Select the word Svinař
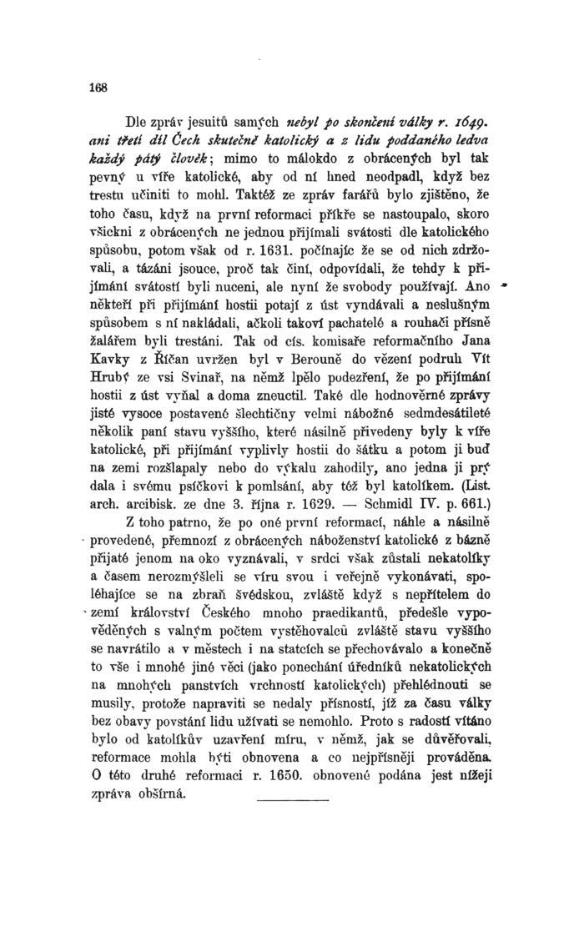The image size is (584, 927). point(231,380)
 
